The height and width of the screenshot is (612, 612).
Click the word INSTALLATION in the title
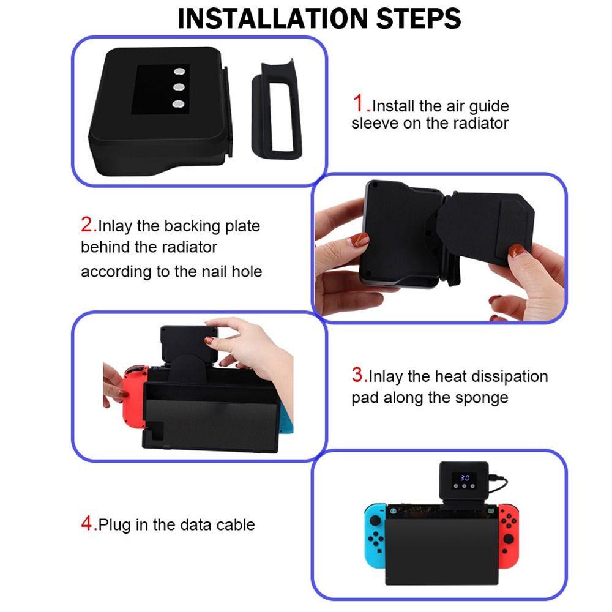[273, 18]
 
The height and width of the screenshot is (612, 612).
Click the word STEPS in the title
[419, 18]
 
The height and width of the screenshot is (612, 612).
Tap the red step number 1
[359, 103]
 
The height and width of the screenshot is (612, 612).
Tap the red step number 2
[88, 225]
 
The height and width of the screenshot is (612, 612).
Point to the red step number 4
[88, 523]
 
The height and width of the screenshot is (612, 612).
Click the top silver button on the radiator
[179, 72]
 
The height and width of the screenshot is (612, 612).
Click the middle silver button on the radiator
[179, 87]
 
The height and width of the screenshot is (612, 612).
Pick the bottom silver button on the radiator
[179, 104]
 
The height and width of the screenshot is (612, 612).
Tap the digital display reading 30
[465, 478]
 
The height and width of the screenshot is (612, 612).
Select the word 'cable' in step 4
[236, 524]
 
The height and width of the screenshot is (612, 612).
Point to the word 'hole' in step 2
[247, 271]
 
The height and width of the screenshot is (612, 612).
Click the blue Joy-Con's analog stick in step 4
[375, 521]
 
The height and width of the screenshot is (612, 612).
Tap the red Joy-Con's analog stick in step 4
[509, 539]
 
